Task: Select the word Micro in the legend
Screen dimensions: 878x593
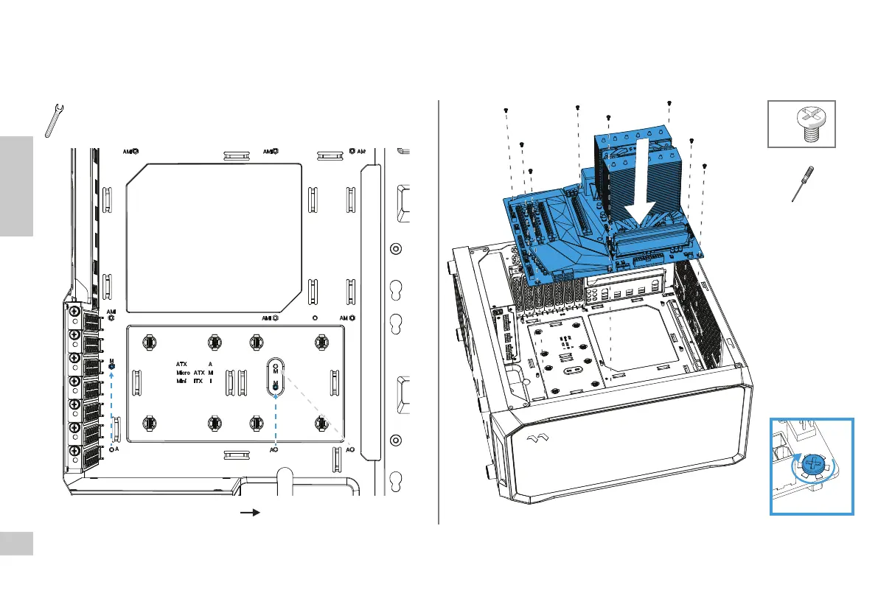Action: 183,373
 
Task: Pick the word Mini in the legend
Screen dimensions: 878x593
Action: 181,382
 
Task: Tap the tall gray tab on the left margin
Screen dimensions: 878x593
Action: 16,186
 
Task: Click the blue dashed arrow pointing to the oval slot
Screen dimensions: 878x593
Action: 275,420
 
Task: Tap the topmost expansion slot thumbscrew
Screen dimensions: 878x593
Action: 74,312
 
